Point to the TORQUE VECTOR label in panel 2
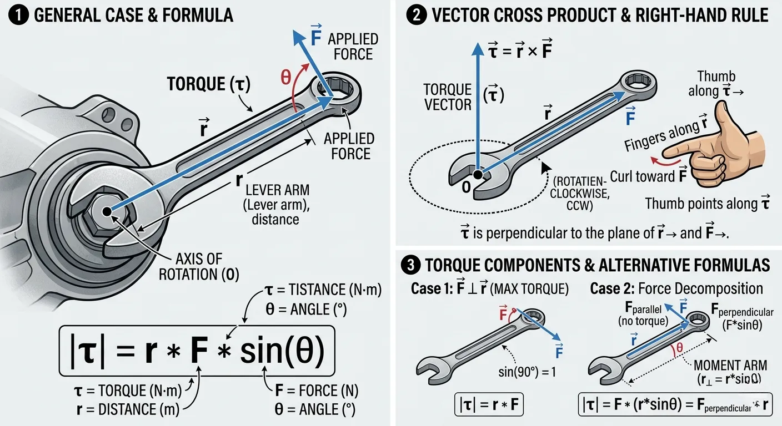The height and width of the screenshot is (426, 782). pos(447,97)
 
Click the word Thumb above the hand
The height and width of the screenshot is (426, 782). pos(716,77)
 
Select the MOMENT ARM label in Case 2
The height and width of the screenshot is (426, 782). pos(730,366)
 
